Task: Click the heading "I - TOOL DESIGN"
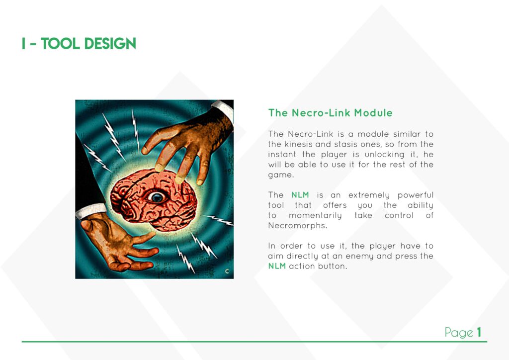79,43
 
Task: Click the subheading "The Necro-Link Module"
330,113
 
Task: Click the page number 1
479,332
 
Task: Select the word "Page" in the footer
459,333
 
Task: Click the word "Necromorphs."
297,226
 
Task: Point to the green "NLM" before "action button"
277,266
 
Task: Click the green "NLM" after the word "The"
300,195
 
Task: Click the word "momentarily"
315,216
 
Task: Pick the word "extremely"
369,195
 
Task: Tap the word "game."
281,176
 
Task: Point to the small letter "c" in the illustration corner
227,271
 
